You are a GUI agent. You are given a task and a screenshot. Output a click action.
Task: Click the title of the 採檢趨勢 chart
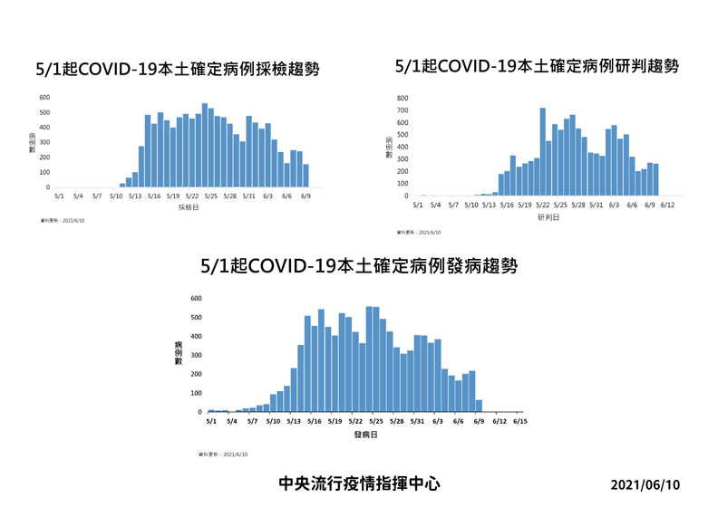tap(177, 70)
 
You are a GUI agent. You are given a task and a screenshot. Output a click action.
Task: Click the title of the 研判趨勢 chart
tap(537, 67)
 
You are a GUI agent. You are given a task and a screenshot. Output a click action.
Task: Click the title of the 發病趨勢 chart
tap(359, 266)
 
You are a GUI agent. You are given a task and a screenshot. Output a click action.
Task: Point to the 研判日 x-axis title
tap(547, 217)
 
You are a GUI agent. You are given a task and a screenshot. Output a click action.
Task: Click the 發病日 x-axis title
tap(365, 435)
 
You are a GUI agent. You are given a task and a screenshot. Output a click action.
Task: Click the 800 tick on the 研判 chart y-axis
tap(403, 98)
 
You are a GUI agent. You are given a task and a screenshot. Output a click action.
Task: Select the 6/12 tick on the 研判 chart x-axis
tap(667, 206)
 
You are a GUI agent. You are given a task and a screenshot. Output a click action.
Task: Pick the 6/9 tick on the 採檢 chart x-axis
tap(306, 196)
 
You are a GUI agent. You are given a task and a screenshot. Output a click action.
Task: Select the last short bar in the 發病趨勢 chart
tap(479, 406)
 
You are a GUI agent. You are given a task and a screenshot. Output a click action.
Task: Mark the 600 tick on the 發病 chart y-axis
tap(197, 299)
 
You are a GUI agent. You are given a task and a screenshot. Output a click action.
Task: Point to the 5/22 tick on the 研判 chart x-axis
tap(543, 206)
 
